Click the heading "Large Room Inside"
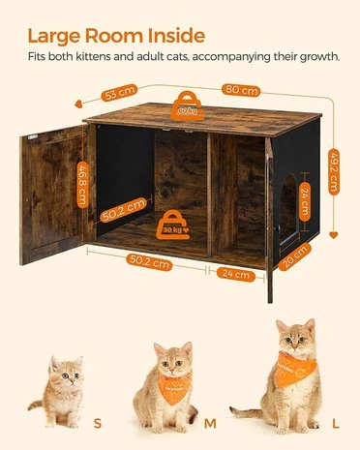(x=115, y=36)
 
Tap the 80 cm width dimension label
(x=241, y=90)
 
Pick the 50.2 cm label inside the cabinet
(x=123, y=209)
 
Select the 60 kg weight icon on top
(x=187, y=105)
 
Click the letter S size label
(x=96, y=423)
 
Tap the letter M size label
(x=212, y=423)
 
